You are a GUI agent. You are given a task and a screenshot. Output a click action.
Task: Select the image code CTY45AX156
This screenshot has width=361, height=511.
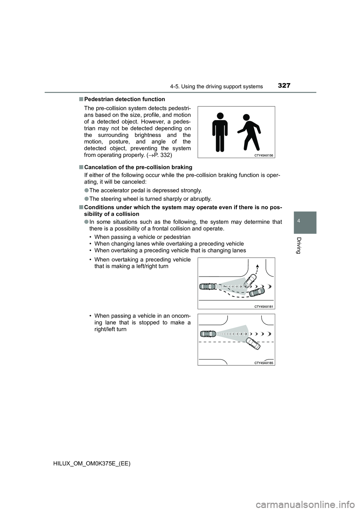(263, 155)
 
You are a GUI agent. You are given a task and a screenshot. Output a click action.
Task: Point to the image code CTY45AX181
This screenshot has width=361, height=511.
(263, 306)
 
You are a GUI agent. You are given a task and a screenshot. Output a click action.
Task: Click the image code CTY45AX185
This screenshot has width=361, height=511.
(263, 363)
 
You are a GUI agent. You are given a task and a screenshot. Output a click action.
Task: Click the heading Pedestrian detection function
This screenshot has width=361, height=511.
(124, 99)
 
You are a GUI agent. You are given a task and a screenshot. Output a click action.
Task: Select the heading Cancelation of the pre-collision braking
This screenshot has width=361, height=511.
(138, 167)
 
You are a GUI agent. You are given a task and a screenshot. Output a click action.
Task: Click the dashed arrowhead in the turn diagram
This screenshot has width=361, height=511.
(258, 266)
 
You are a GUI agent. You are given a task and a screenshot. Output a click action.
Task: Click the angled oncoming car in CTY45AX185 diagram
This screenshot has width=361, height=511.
(253, 344)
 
